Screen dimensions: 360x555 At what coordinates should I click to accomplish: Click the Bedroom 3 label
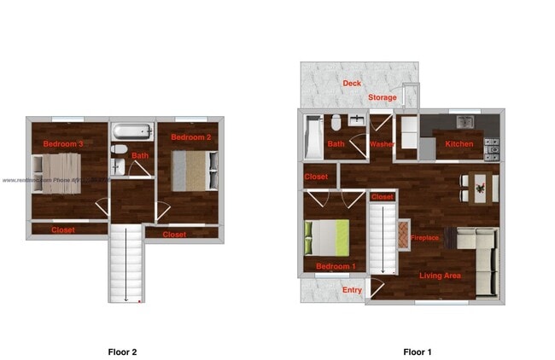pos(63,144)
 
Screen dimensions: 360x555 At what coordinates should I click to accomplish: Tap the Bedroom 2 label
pos(190,136)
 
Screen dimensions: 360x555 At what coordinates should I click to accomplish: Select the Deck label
pos(351,83)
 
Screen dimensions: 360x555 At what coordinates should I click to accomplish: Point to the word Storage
pos(382,98)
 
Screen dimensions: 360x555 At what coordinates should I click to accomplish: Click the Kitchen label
pos(459,144)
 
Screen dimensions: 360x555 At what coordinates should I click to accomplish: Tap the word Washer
pos(381,144)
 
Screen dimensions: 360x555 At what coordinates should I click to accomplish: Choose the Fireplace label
pos(424,238)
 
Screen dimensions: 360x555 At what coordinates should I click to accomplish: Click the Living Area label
pos(440,276)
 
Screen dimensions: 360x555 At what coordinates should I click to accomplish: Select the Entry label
pos(352,290)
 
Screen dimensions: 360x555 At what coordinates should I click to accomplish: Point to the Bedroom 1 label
pos(336,267)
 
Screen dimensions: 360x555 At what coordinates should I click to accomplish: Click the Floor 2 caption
pos(122,351)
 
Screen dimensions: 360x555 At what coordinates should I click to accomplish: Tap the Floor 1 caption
pos(418,351)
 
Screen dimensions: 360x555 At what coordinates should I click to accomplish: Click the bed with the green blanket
pos(327,238)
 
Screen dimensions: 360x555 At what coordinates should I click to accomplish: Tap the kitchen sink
pos(465,120)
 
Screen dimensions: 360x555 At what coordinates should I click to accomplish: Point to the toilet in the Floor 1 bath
pos(337,125)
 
